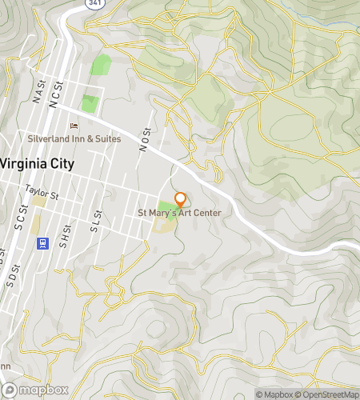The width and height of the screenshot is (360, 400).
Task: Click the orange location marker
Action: pyautogui.click(x=181, y=199)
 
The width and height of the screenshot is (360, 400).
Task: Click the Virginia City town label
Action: pyautogui.click(x=38, y=163)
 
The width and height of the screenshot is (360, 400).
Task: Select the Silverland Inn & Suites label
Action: pyautogui.click(x=74, y=138)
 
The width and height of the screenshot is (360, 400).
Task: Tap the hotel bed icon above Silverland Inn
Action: pyautogui.click(x=74, y=126)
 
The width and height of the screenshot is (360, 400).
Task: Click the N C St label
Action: pyautogui.click(x=55, y=94)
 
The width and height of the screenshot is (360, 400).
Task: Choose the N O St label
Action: pyautogui.click(x=145, y=138)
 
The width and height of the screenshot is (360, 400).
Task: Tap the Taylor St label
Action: pyautogui.click(x=42, y=192)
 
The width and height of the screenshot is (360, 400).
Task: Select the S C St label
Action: pyautogui.click(x=22, y=217)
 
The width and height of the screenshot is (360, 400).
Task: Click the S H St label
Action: pyautogui.click(x=62, y=240)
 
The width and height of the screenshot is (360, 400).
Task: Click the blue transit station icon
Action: pyautogui.click(x=43, y=242)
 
